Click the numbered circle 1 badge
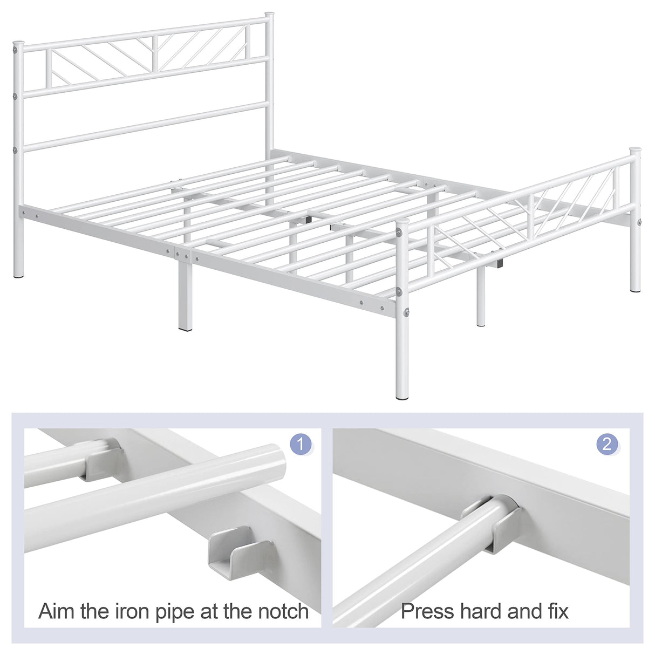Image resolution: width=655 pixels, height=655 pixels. pos(301,444)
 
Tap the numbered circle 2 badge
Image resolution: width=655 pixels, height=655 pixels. pos(607,444)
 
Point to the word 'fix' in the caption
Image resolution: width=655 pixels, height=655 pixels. pos(557,611)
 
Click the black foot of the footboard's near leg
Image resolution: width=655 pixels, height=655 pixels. pos(402,397)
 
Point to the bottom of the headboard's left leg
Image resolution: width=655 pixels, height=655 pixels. pos(19,274)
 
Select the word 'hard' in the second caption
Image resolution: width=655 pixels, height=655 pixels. pos(483,611)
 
